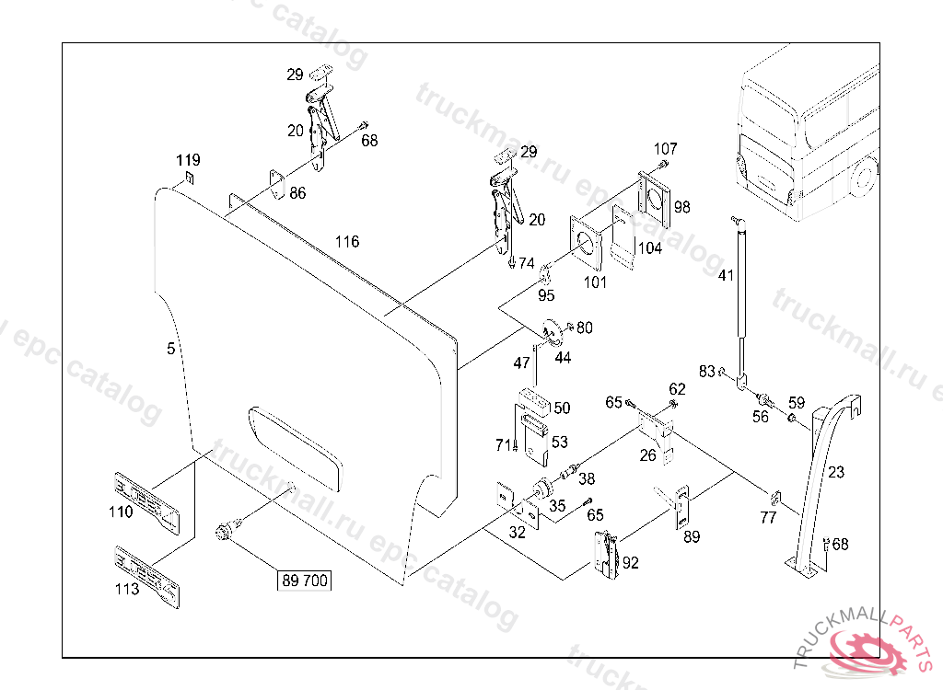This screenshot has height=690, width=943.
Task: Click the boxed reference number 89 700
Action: pyautogui.click(x=304, y=581)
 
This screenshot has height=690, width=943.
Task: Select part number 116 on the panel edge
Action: pyautogui.click(x=347, y=242)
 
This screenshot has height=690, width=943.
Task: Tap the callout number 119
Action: pyautogui.click(x=189, y=160)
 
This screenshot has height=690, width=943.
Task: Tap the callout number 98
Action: pyautogui.click(x=681, y=206)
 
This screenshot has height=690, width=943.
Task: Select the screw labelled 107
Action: pyautogui.click(x=663, y=167)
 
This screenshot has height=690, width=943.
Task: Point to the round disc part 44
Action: pyautogui.click(x=553, y=331)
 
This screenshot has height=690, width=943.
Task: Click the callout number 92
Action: pyautogui.click(x=630, y=563)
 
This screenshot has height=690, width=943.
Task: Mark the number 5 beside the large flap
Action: pyautogui.click(x=170, y=349)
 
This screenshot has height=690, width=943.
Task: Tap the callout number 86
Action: pyautogui.click(x=297, y=193)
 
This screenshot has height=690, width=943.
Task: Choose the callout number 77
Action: pyautogui.click(x=768, y=519)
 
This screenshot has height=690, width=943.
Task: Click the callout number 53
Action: pyautogui.click(x=560, y=442)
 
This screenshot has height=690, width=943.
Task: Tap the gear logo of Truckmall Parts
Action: pyautogui.click(x=867, y=654)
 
